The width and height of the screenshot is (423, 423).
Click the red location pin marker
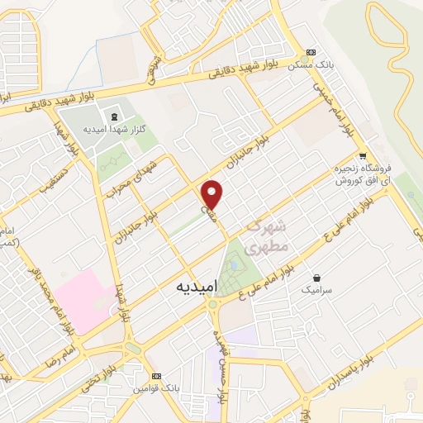[x=212, y=194]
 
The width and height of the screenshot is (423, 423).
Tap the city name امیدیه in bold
[x=197, y=286]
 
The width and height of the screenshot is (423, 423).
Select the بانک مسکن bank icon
[x=311, y=52]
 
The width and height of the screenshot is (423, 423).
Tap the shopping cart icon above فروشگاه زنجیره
[x=362, y=154]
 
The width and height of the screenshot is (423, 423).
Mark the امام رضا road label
[x=65, y=356]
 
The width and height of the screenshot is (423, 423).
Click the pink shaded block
[x=83, y=297]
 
